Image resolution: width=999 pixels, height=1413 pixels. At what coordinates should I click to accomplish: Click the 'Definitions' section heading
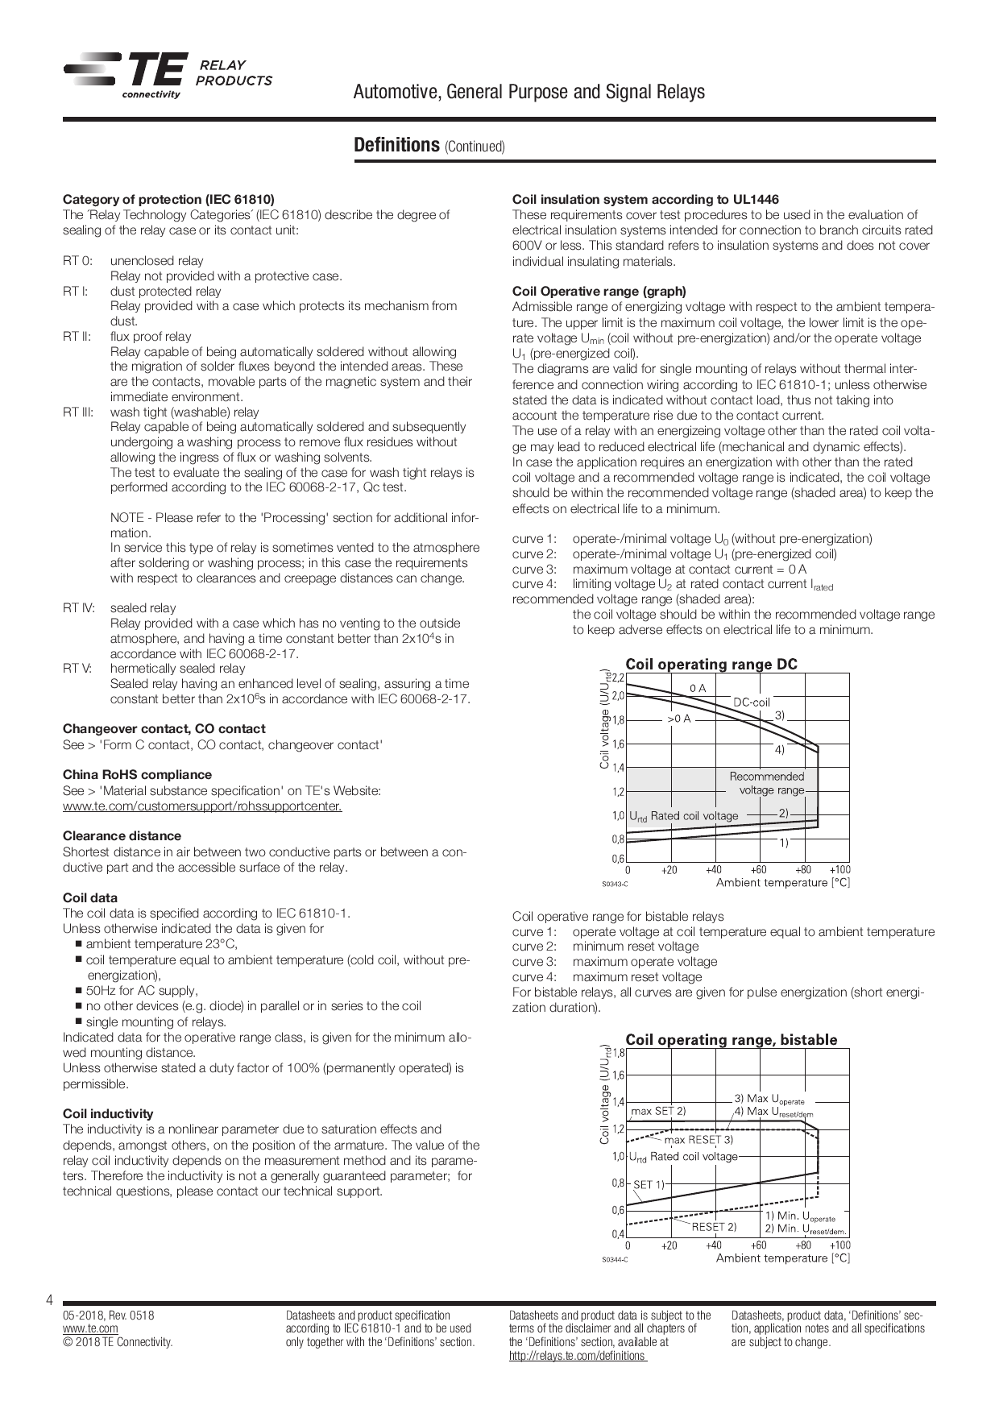pyautogui.click(x=396, y=145)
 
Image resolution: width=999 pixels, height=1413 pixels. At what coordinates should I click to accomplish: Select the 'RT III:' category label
pyautogui.click(x=78, y=412)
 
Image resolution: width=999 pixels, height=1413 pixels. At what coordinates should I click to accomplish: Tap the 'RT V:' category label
pyautogui.click(x=77, y=669)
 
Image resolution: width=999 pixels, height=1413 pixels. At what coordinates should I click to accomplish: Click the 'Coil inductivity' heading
pyautogui.click(x=108, y=1114)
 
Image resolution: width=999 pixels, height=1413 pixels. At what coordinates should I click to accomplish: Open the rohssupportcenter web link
pyautogui.click(x=202, y=806)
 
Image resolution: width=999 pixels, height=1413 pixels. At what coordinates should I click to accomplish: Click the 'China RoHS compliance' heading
pyautogui.click(x=137, y=775)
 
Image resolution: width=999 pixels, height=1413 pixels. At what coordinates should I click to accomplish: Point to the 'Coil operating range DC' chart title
pyautogui.click(x=711, y=665)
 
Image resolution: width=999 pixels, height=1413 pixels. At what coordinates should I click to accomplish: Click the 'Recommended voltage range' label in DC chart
pyautogui.click(x=767, y=783)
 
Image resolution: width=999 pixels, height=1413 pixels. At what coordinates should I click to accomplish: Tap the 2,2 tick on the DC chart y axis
pyautogui.click(x=618, y=678)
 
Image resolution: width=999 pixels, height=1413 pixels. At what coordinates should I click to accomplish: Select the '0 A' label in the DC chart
pyautogui.click(x=698, y=688)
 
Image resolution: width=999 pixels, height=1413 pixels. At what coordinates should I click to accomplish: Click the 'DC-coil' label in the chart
pyautogui.click(x=751, y=702)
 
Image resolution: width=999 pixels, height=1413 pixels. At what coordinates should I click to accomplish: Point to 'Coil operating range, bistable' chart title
pyautogui.click(x=731, y=1040)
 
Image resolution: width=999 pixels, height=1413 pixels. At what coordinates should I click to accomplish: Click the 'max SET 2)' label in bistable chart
pyautogui.click(x=658, y=1111)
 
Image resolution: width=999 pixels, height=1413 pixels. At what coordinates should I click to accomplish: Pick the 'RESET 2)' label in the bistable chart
pyautogui.click(x=714, y=1227)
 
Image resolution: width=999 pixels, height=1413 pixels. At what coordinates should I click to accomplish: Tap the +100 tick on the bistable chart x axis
pyautogui.click(x=839, y=1245)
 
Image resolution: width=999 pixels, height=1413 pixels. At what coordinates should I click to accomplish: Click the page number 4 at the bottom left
pyautogui.click(x=50, y=1300)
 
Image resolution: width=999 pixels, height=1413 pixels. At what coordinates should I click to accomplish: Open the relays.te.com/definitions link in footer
pyautogui.click(x=577, y=1356)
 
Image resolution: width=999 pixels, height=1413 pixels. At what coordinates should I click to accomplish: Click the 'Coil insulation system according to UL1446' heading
pyautogui.click(x=645, y=200)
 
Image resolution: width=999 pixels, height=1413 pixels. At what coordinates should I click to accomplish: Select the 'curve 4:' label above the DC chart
pyautogui.click(x=534, y=584)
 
